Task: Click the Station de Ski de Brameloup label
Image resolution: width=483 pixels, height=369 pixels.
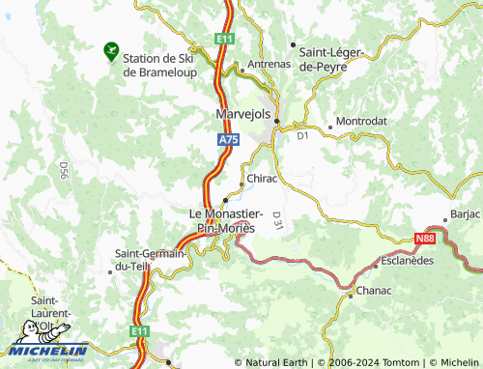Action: (x=158, y=65)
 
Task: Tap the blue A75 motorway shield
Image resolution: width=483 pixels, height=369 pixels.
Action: (x=226, y=140)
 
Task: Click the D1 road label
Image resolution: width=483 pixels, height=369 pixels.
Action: (x=302, y=136)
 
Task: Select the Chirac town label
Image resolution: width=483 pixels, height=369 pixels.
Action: (x=262, y=179)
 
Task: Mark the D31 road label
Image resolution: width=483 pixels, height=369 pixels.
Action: (x=277, y=219)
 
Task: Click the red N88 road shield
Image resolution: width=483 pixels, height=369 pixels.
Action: (x=426, y=238)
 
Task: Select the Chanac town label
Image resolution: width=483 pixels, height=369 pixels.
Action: (x=373, y=290)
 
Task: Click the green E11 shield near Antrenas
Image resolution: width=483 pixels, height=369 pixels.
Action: (x=224, y=38)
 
